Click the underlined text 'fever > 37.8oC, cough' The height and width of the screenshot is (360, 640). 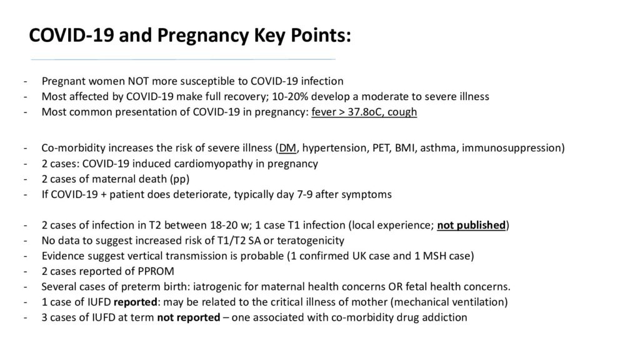pyautogui.click(x=364, y=112)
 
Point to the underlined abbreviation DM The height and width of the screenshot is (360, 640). pyautogui.click(x=287, y=148)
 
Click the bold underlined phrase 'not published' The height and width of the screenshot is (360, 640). pyautogui.click(x=471, y=226)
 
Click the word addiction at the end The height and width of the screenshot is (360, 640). pyautogui.click(x=446, y=317)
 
